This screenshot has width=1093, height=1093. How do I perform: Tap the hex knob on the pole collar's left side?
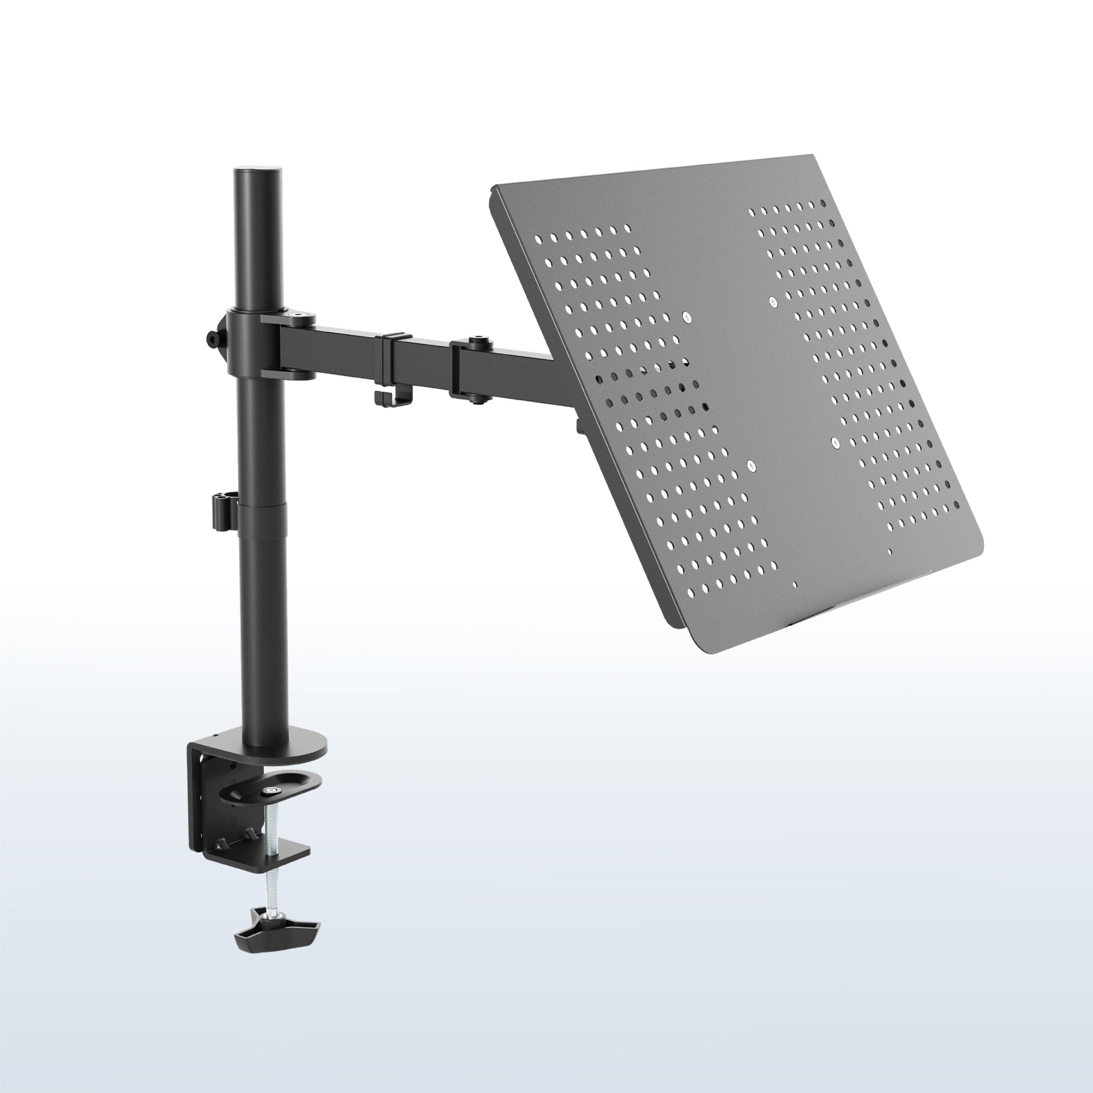pyautogui.click(x=213, y=339)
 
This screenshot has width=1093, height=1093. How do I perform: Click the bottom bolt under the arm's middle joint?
pyautogui.click(x=479, y=399)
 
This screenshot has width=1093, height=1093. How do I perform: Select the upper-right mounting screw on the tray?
pyautogui.click(x=772, y=302)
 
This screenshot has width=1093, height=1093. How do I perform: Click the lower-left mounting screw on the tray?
pyautogui.click(x=751, y=466)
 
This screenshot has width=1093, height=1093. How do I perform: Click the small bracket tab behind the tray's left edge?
pyautogui.click(x=579, y=424)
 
